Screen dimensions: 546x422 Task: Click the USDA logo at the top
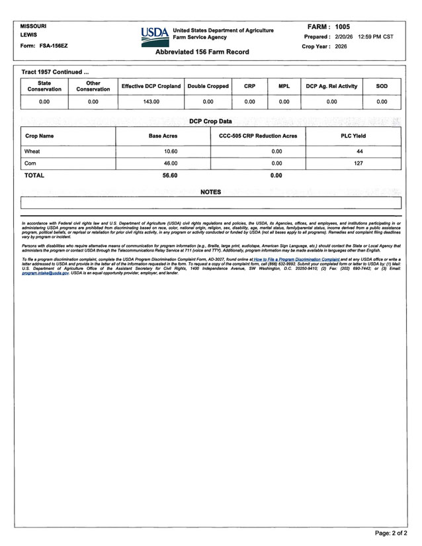[x=155, y=34]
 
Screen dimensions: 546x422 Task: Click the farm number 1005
[x=342, y=26]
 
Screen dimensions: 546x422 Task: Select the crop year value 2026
[x=341, y=47]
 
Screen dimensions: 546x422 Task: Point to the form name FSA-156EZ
[x=54, y=46]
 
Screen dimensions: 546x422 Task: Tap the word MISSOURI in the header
[x=33, y=26]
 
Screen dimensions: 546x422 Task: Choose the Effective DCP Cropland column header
[x=151, y=86]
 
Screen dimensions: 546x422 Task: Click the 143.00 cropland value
[x=151, y=102]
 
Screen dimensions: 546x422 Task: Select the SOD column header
[x=382, y=86]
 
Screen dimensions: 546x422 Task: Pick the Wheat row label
[x=32, y=152]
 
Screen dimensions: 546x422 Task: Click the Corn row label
[x=30, y=163]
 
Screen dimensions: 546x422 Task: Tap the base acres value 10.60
[x=171, y=152]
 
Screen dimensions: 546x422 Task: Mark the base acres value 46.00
[x=171, y=163]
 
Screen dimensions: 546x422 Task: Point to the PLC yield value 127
[x=359, y=163]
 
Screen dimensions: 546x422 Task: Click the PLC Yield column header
[x=353, y=136]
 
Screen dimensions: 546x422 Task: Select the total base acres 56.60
[x=170, y=175]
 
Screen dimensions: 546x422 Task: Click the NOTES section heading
[x=210, y=192]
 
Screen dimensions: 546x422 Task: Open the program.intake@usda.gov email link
[x=45, y=273]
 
